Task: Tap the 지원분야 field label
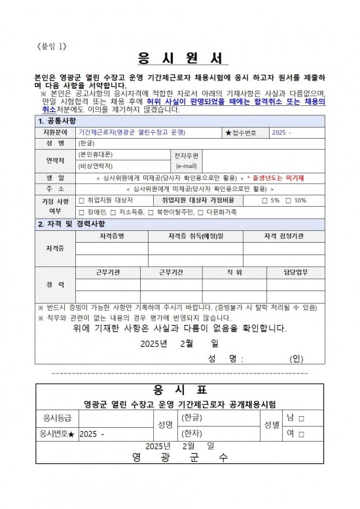(x=55, y=133)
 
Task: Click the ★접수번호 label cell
(x=242, y=133)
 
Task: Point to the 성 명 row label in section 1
(x=55, y=143)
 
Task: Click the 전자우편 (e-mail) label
(x=187, y=160)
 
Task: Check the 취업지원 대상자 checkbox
(x=81, y=200)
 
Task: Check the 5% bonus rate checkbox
(x=264, y=200)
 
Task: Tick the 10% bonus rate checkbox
(x=288, y=200)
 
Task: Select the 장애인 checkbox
(x=81, y=212)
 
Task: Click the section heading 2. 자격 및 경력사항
(x=72, y=224)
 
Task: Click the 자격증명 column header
(x=112, y=236)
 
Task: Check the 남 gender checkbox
(x=300, y=417)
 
